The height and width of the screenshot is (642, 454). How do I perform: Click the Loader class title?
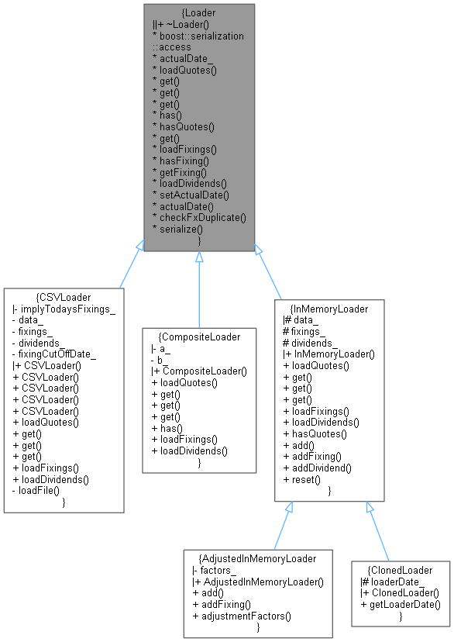[199, 13]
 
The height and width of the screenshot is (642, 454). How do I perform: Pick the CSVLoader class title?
[64, 297]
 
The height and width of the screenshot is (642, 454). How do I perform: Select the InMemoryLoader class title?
[329, 309]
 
